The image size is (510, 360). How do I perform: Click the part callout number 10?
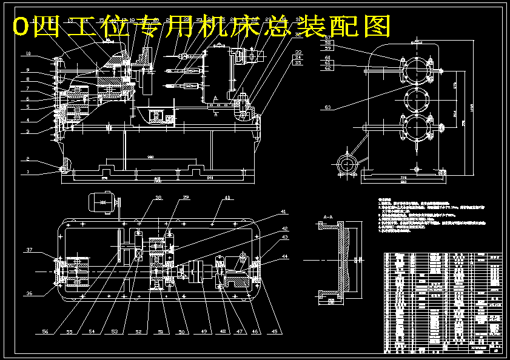(28, 54)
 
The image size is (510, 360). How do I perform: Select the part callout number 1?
(28, 172)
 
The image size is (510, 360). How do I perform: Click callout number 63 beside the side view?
(327, 108)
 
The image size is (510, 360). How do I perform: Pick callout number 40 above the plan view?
(227, 198)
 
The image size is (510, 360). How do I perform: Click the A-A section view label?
(329, 216)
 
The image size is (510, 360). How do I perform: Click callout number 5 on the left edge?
(28, 107)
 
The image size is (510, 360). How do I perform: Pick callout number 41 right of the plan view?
(283, 212)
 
